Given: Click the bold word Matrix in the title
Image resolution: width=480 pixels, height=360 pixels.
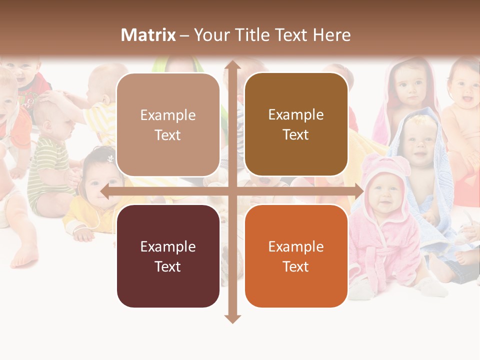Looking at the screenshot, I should pos(148,35).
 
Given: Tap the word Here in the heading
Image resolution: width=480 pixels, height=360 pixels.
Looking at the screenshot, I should pos(332,35).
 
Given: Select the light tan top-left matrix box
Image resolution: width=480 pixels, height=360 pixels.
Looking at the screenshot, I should pos(168,125).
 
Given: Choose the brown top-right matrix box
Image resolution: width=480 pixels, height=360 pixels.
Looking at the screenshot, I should pos(296,124).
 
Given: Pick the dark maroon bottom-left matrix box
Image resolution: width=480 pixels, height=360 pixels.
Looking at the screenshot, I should pos(168,256).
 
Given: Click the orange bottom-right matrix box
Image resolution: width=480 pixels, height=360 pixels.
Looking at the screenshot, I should pos(296,256).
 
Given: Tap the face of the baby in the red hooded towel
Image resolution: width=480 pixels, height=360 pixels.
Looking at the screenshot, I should pos(411,89).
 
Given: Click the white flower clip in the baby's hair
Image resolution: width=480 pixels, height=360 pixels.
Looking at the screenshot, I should pos(110,158).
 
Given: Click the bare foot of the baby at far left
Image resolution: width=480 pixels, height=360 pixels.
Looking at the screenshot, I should pos(25,257).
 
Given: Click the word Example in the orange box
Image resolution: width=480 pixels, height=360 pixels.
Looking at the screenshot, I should pos(296,246).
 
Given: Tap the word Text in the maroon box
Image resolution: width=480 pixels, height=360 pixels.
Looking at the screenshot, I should pos(168,266).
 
